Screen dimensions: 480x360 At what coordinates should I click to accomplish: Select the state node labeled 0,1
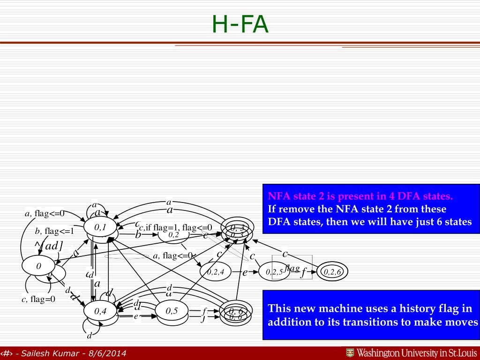[x=100, y=227]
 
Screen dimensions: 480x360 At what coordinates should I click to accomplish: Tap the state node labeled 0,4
[x=100, y=310]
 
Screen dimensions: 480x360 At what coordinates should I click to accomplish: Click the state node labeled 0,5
[x=172, y=310]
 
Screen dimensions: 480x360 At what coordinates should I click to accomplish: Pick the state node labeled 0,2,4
[x=216, y=272]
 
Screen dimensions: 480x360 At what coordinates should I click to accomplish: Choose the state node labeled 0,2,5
[x=274, y=272]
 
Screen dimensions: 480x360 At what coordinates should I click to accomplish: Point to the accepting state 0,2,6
[x=332, y=272]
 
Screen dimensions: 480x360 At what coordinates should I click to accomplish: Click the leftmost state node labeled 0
[x=38, y=266]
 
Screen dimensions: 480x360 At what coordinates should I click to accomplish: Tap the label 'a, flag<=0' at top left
[x=45, y=214]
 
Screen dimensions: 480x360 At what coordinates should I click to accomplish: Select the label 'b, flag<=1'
[x=54, y=231]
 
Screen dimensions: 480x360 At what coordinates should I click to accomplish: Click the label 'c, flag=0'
[x=38, y=300]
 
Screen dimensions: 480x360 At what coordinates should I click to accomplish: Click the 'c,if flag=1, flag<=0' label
[x=176, y=228]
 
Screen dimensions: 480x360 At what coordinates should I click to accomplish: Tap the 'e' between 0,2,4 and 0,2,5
[x=245, y=272]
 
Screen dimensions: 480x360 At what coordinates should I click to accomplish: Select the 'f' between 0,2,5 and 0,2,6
[x=303, y=272]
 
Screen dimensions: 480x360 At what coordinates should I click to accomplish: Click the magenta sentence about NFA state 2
[x=360, y=196]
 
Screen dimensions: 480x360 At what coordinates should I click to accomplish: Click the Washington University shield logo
[x=350, y=353]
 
